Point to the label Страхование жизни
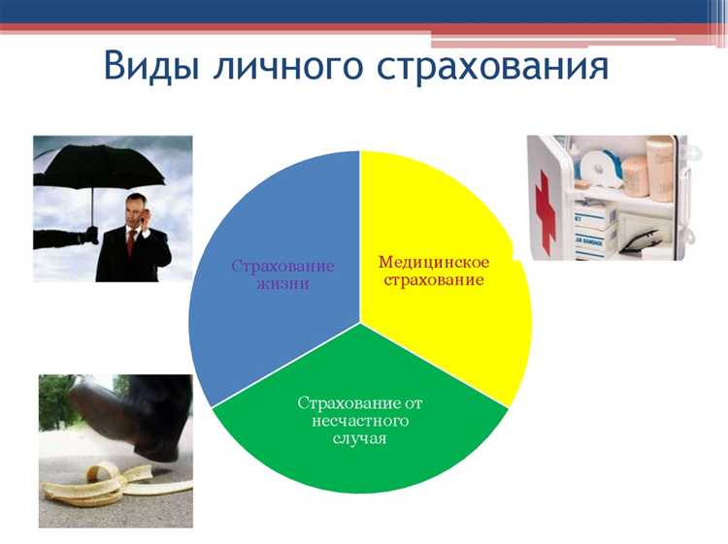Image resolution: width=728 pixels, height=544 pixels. point(283,274)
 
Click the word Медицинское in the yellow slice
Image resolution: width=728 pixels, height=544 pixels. point(433,263)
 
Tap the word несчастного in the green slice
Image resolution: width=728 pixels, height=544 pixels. point(359,421)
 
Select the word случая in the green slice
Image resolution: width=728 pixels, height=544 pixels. point(359,438)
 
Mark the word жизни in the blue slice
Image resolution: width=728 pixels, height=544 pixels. point(283,283)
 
